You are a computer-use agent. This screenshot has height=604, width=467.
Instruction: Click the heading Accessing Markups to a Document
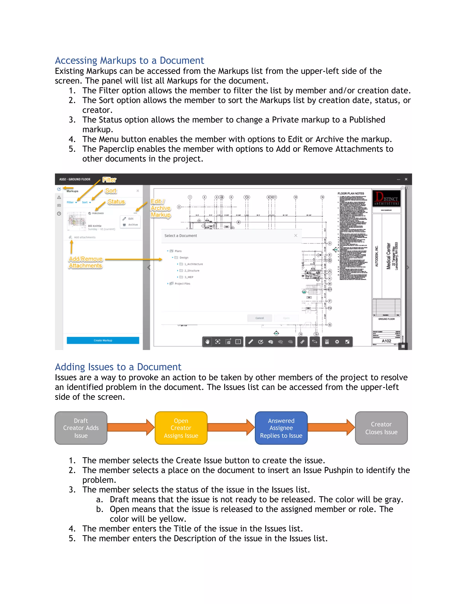tap(129, 60)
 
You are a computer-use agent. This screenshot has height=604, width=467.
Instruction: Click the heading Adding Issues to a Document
tap(118, 367)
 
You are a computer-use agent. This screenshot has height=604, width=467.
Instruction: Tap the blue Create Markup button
tap(103, 341)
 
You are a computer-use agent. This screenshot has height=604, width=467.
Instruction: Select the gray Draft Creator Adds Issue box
tap(81, 428)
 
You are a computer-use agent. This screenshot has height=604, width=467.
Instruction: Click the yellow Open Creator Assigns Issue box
tap(181, 428)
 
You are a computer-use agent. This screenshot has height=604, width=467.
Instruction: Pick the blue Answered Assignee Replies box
tap(281, 428)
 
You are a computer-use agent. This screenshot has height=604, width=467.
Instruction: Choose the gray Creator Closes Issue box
tap(381, 428)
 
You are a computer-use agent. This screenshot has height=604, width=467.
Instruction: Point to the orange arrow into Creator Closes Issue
tap(331, 427)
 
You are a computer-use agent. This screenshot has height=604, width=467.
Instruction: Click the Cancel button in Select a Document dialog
tap(259, 318)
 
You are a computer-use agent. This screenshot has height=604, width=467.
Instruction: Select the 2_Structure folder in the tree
tap(192, 271)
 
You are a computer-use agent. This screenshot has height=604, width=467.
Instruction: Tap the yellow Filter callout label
tap(109, 180)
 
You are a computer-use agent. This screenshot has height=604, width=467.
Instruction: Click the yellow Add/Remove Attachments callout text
tap(86, 262)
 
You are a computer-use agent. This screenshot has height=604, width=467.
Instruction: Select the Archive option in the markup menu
tap(132, 225)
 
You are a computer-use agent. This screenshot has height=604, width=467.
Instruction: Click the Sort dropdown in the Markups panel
tap(86, 202)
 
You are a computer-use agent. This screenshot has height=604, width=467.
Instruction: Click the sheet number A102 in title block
tap(386, 341)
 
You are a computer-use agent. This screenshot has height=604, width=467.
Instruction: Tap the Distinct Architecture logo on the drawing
tap(386, 198)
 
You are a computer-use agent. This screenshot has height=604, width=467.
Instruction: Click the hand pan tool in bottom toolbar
tap(208, 342)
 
